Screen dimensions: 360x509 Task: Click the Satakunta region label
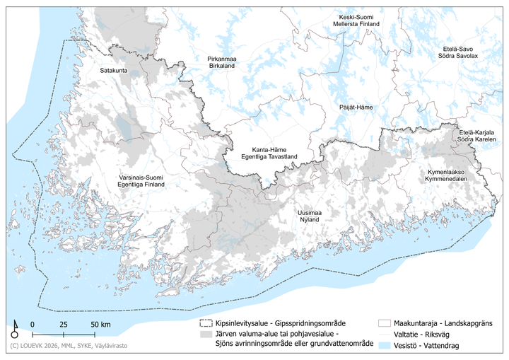[112, 71]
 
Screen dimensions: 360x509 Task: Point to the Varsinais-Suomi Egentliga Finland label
[141, 180]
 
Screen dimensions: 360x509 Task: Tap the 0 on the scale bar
[33, 324]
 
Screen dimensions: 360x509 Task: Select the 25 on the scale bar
[63, 324]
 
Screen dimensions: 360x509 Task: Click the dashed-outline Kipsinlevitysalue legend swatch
[206, 325]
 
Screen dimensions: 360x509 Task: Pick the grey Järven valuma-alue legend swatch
[206, 335]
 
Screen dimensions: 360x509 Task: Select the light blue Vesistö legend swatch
[385, 344]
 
